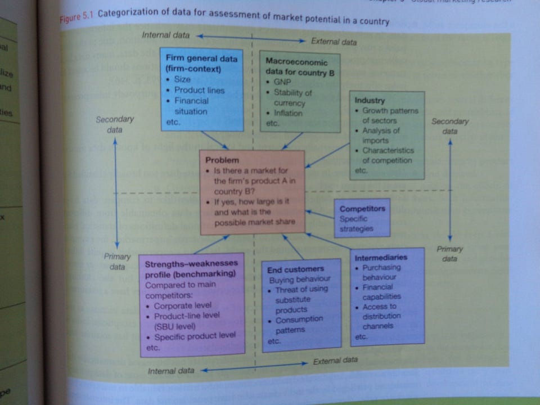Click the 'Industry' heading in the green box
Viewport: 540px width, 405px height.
(370, 101)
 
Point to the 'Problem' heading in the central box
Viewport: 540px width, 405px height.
(222, 160)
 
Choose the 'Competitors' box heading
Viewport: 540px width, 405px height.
(362, 209)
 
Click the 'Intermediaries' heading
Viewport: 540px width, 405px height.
(381, 258)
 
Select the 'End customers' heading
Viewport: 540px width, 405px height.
(295, 269)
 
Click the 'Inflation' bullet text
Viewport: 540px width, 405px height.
(288, 113)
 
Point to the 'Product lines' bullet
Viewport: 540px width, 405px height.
(199, 90)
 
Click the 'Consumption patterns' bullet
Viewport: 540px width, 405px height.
(299, 325)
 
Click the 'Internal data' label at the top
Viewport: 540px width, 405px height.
(165, 35)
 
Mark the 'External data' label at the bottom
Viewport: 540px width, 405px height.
(335, 361)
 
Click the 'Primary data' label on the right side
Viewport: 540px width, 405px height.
(449, 254)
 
